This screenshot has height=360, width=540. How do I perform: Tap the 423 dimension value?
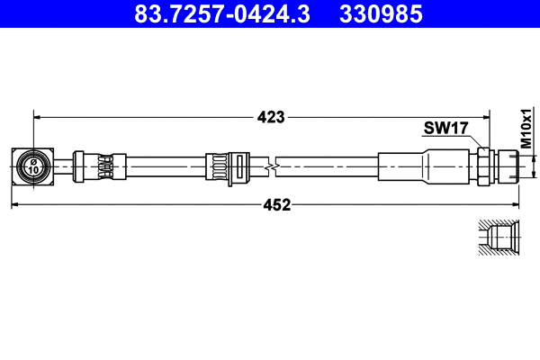(270, 116)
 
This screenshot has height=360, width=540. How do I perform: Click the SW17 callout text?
(445, 129)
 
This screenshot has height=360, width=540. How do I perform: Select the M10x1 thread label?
(526, 129)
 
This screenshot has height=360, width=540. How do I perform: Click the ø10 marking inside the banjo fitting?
(32, 166)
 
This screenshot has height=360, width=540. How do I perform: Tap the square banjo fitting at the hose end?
(32, 166)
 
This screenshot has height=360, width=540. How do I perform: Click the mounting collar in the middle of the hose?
(223, 167)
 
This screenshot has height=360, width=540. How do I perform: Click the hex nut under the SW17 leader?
(483, 166)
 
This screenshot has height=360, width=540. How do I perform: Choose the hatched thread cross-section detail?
(498, 237)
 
